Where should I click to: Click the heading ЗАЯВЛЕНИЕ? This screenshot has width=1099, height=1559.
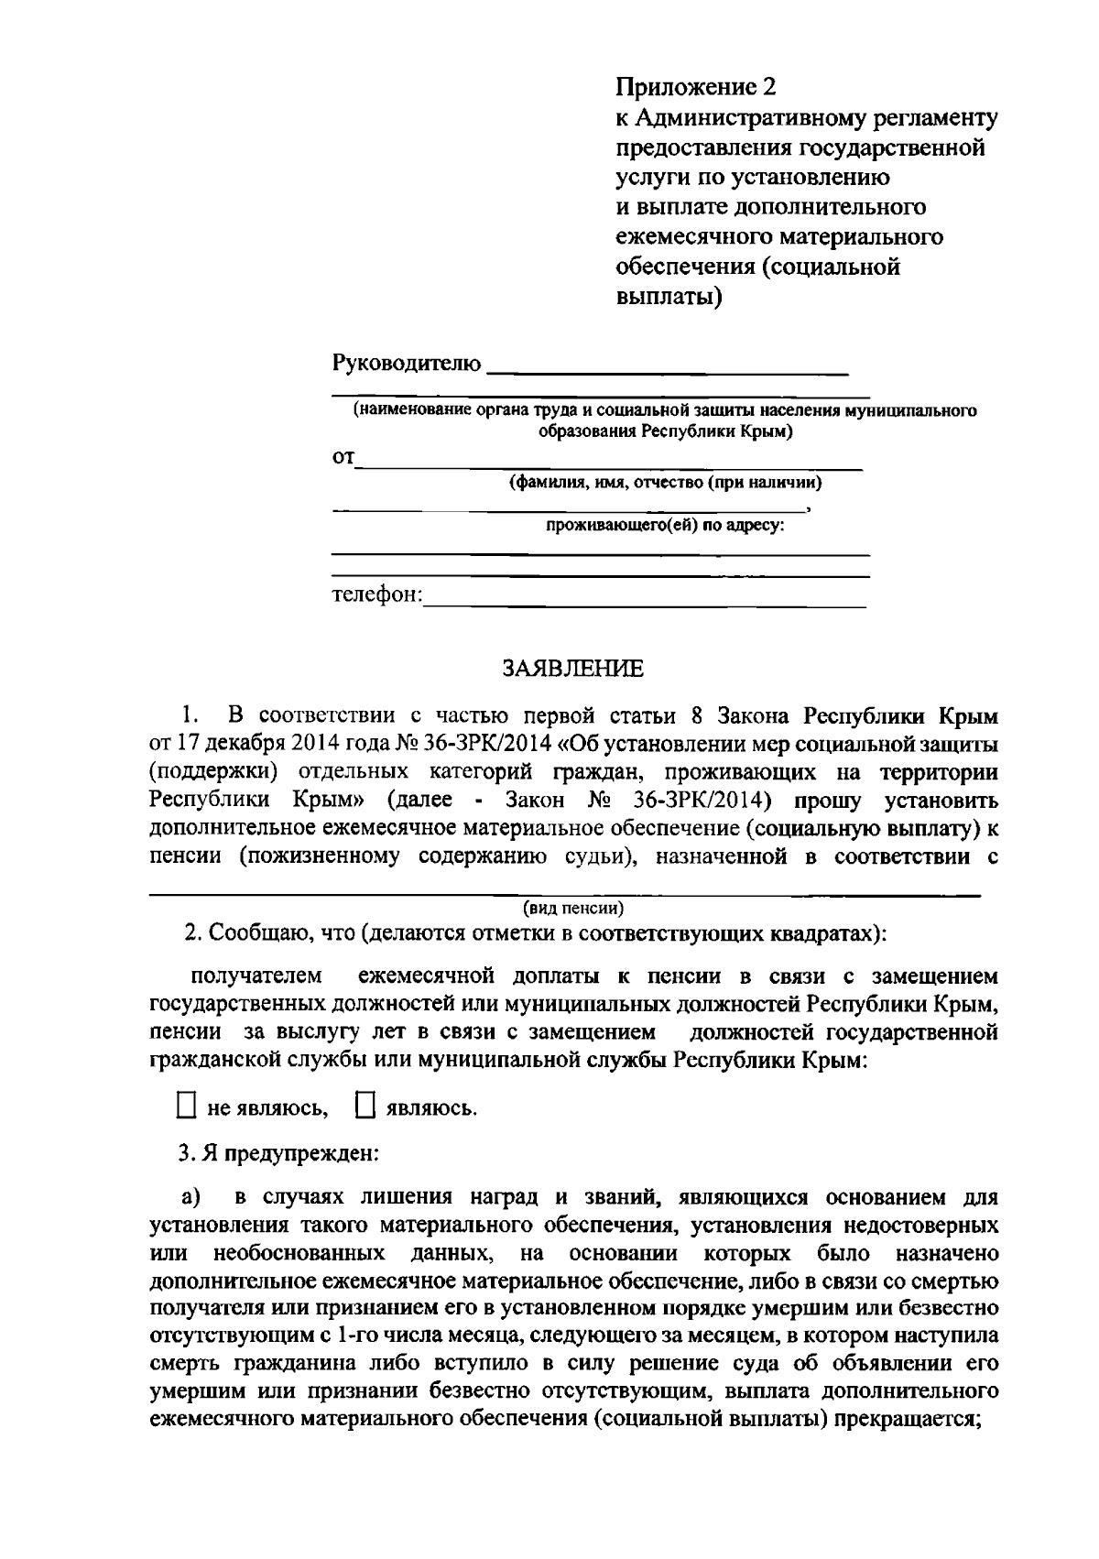point(572,669)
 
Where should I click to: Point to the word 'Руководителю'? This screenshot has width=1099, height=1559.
point(406,364)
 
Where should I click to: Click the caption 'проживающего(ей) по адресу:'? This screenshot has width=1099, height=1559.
point(666,527)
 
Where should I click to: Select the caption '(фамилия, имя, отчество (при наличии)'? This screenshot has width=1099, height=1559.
point(666,483)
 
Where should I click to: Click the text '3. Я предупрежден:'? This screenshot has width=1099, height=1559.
point(278,1152)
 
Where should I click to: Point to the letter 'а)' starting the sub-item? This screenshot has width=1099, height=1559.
point(190,1197)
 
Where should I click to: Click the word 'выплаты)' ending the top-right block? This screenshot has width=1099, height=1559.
point(667,298)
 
